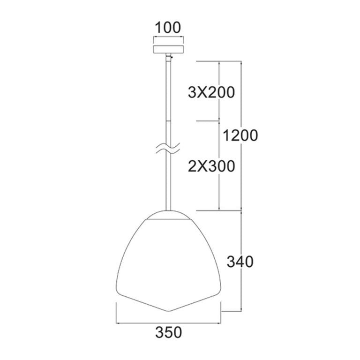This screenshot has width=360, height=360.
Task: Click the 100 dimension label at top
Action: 168,28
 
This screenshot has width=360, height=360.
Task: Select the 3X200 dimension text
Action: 211,92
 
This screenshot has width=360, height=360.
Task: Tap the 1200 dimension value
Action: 240,135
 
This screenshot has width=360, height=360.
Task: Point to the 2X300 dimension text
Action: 211,166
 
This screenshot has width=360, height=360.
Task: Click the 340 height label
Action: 240,262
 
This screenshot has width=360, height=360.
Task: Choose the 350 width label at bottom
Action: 169,332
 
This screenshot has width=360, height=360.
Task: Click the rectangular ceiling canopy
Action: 169,49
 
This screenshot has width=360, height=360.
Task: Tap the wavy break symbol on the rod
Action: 168,149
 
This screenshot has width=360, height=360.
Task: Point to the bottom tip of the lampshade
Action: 169,311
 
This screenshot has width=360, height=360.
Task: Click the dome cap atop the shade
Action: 169,215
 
